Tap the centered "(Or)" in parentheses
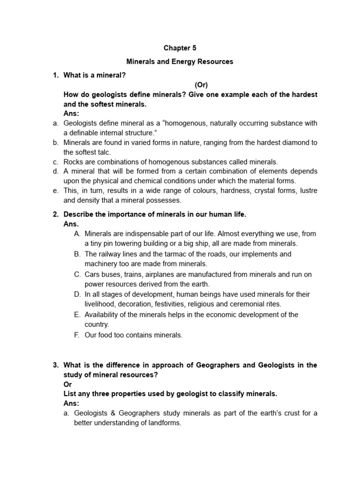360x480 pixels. pos(201,85)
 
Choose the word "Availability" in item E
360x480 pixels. pos(103,315)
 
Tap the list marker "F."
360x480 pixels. pos(77,335)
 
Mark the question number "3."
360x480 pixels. pos(55,365)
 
